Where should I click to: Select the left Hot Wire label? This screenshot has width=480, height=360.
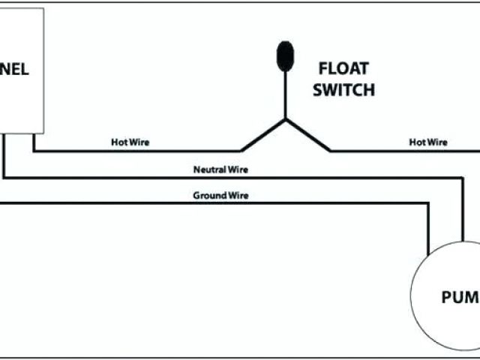(130, 142)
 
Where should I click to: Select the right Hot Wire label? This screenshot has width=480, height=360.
(427, 142)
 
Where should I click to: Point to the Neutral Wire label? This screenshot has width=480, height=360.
(220, 169)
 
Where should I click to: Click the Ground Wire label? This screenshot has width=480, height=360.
(221, 195)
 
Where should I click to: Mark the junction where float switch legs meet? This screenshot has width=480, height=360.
(285, 119)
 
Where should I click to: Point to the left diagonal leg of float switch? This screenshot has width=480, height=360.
(262, 135)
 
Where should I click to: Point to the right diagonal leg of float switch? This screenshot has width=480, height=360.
(308, 135)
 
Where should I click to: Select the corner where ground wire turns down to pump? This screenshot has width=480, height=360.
(428, 203)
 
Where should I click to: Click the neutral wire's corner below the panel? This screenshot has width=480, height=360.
(4, 178)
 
